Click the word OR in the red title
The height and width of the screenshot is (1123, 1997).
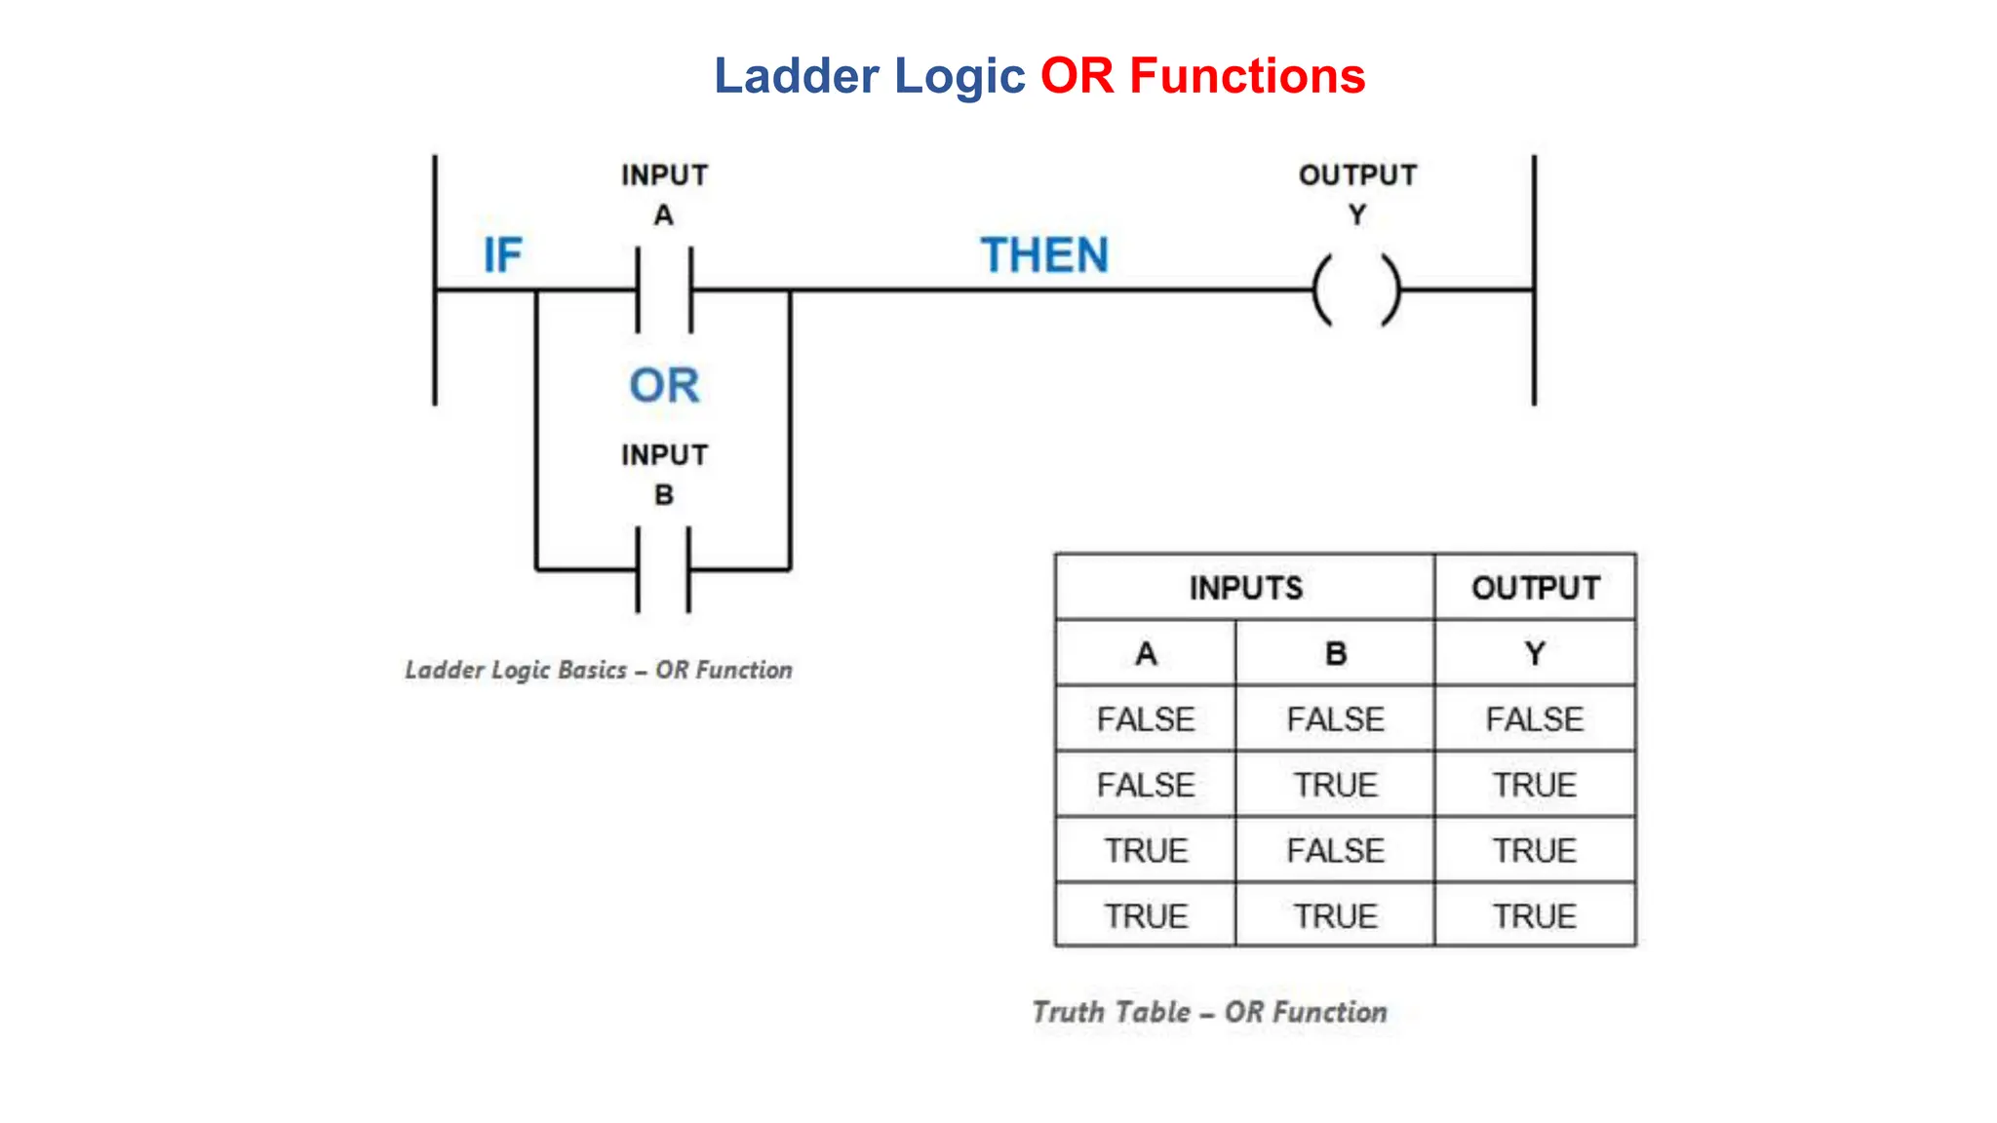point(1077,76)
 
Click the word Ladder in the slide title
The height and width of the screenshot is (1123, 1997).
point(796,76)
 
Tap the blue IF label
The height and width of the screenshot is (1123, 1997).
point(503,255)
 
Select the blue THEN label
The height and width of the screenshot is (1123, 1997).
point(1044,255)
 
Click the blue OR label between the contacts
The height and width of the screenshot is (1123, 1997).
point(664,385)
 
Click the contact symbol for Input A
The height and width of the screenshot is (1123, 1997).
point(664,290)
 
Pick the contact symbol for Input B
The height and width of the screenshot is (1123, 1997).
point(663,569)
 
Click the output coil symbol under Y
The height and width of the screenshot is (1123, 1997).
point(1356,290)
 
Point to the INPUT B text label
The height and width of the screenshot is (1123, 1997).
point(664,475)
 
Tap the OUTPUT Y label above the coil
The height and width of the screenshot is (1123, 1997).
point(1357,193)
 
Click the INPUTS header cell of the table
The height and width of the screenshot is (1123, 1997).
point(1245,588)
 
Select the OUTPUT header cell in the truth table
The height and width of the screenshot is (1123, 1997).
point(1535,588)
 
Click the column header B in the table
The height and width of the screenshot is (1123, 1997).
point(1335,653)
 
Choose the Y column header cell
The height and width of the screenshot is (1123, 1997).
point(1535,653)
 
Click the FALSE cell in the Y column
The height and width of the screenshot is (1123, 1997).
point(1535,719)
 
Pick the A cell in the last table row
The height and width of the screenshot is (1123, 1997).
point(1146,916)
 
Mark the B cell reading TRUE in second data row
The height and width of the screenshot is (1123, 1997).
point(1335,785)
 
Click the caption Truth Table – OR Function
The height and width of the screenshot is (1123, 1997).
point(1209,1012)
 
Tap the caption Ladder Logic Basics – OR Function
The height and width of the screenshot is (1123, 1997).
point(599,671)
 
